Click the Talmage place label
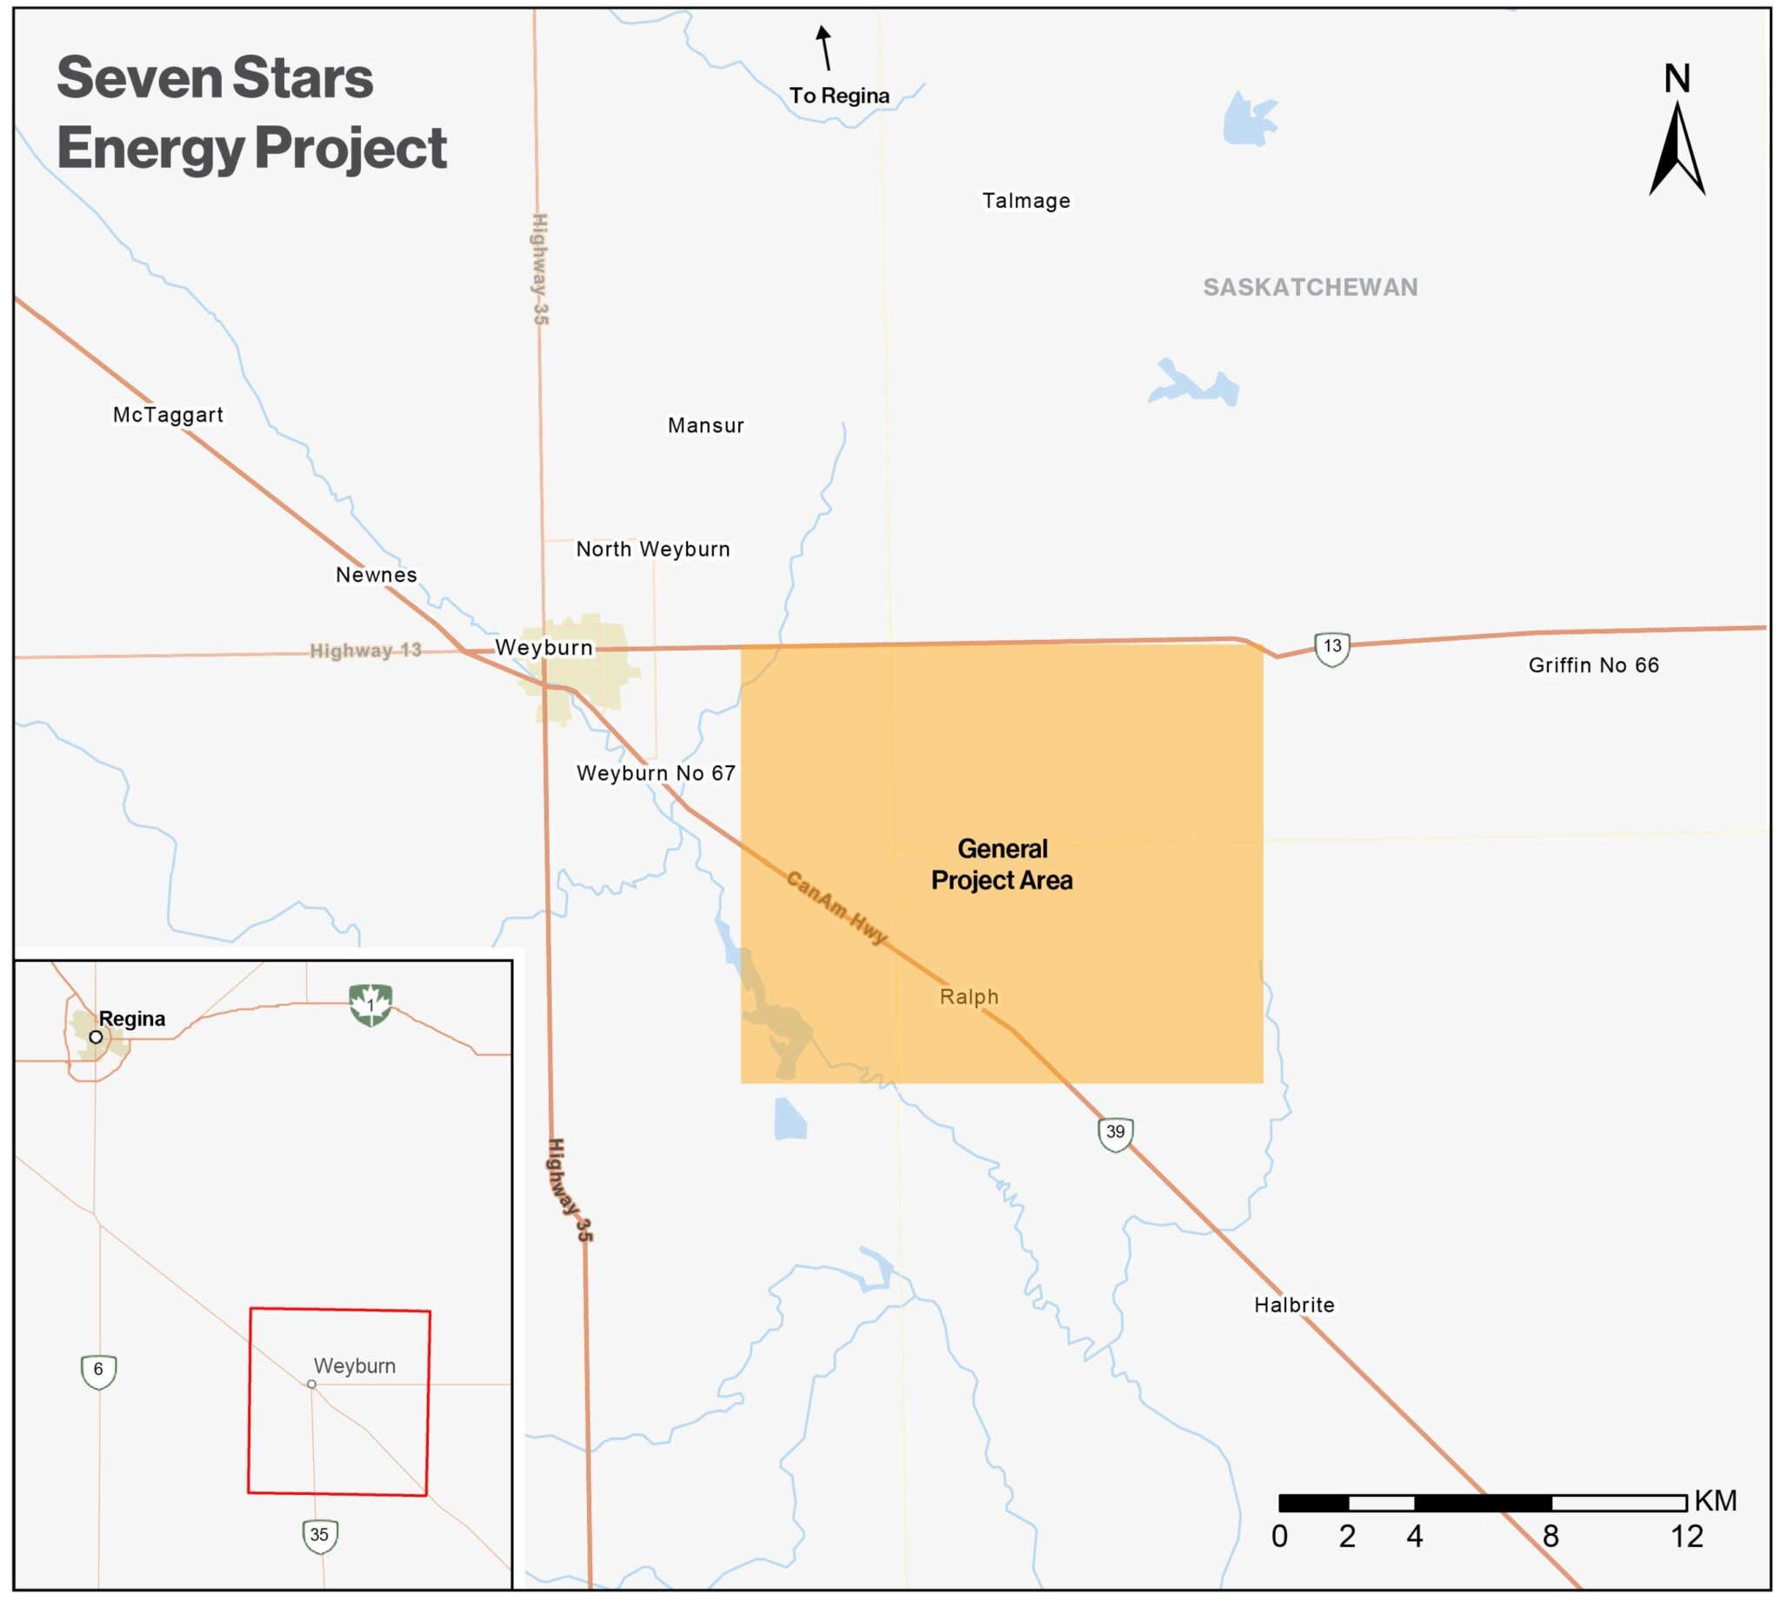[x=1025, y=201]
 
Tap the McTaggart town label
[x=168, y=414]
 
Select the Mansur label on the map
[x=705, y=426]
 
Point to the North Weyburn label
[x=652, y=549]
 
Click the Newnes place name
[x=377, y=575]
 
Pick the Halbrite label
[x=1294, y=1304]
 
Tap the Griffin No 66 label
[x=1593, y=665]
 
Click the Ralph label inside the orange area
[x=969, y=997]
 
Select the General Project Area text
[x=1002, y=864]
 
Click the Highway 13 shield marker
[x=1332, y=649]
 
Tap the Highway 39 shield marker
[x=1115, y=1133]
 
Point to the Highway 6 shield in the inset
[x=98, y=1371]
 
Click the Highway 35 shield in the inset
[x=319, y=1535]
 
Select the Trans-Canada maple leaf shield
[x=370, y=1004]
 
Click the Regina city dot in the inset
[x=96, y=1037]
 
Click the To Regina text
[x=839, y=96]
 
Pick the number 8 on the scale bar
[x=1551, y=1537]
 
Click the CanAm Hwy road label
[x=837, y=907]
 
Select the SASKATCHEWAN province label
[x=1310, y=288]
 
